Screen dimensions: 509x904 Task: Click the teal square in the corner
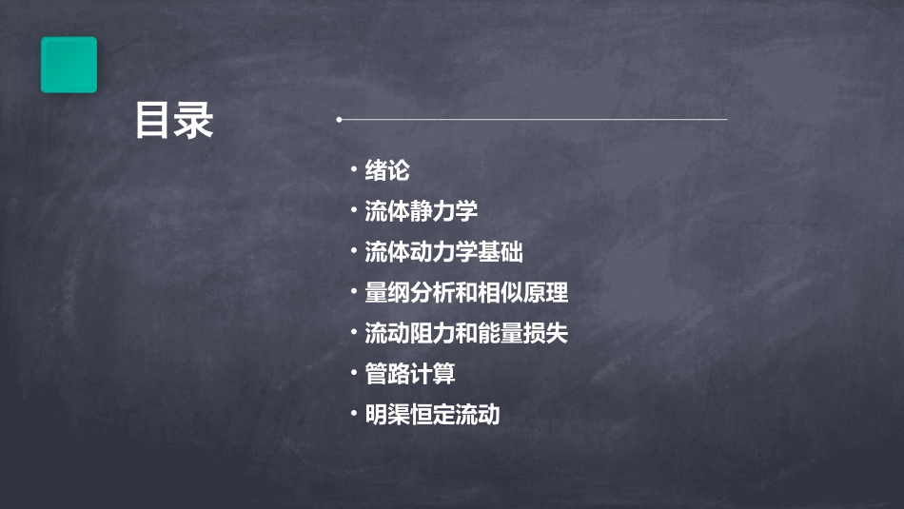coord(69,65)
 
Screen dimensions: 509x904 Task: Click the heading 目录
coord(174,122)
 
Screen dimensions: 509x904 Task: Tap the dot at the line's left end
coord(339,120)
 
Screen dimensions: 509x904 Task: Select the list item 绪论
coord(387,171)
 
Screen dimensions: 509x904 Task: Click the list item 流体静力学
coord(421,211)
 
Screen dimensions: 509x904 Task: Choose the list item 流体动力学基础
coord(443,252)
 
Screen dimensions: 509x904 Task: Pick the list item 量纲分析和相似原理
coord(466,293)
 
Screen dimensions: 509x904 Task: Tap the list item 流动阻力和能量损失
coord(466,334)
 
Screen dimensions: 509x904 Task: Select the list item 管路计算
coord(410,375)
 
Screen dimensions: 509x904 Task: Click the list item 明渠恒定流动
coord(432,416)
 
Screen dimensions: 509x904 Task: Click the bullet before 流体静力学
coord(353,210)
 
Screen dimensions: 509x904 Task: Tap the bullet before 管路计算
coord(353,374)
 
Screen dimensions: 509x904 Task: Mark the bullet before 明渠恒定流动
coord(353,415)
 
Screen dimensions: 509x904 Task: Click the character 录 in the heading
coord(194,122)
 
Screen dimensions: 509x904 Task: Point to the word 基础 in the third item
coord(501,252)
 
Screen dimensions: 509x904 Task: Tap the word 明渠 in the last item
coord(387,416)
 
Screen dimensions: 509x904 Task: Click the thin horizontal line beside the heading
coord(533,120)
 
